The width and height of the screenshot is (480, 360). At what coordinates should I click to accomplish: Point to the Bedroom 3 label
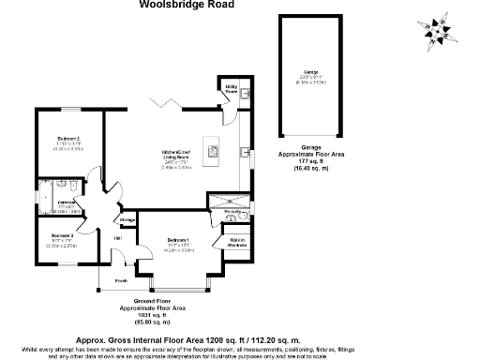click(x=63, y=234)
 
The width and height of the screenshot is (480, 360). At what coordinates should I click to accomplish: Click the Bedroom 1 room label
click(x=178, y=241)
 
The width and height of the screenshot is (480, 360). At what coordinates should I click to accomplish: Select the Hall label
click(x=117, y=240)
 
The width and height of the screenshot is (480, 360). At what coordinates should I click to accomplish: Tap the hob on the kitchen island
click(x=211, y=148)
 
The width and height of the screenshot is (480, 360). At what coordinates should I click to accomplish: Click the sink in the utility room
click(x=243, y=94)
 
